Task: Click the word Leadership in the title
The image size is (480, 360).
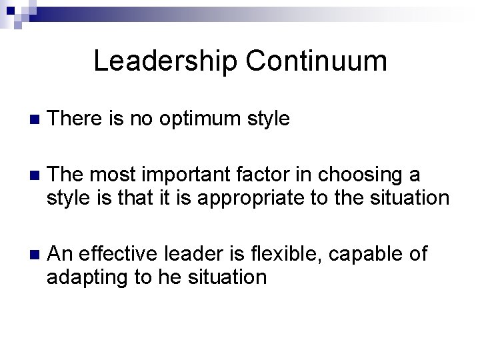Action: (x=165, y=61)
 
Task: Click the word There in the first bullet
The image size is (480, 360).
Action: (x=76, y=119)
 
